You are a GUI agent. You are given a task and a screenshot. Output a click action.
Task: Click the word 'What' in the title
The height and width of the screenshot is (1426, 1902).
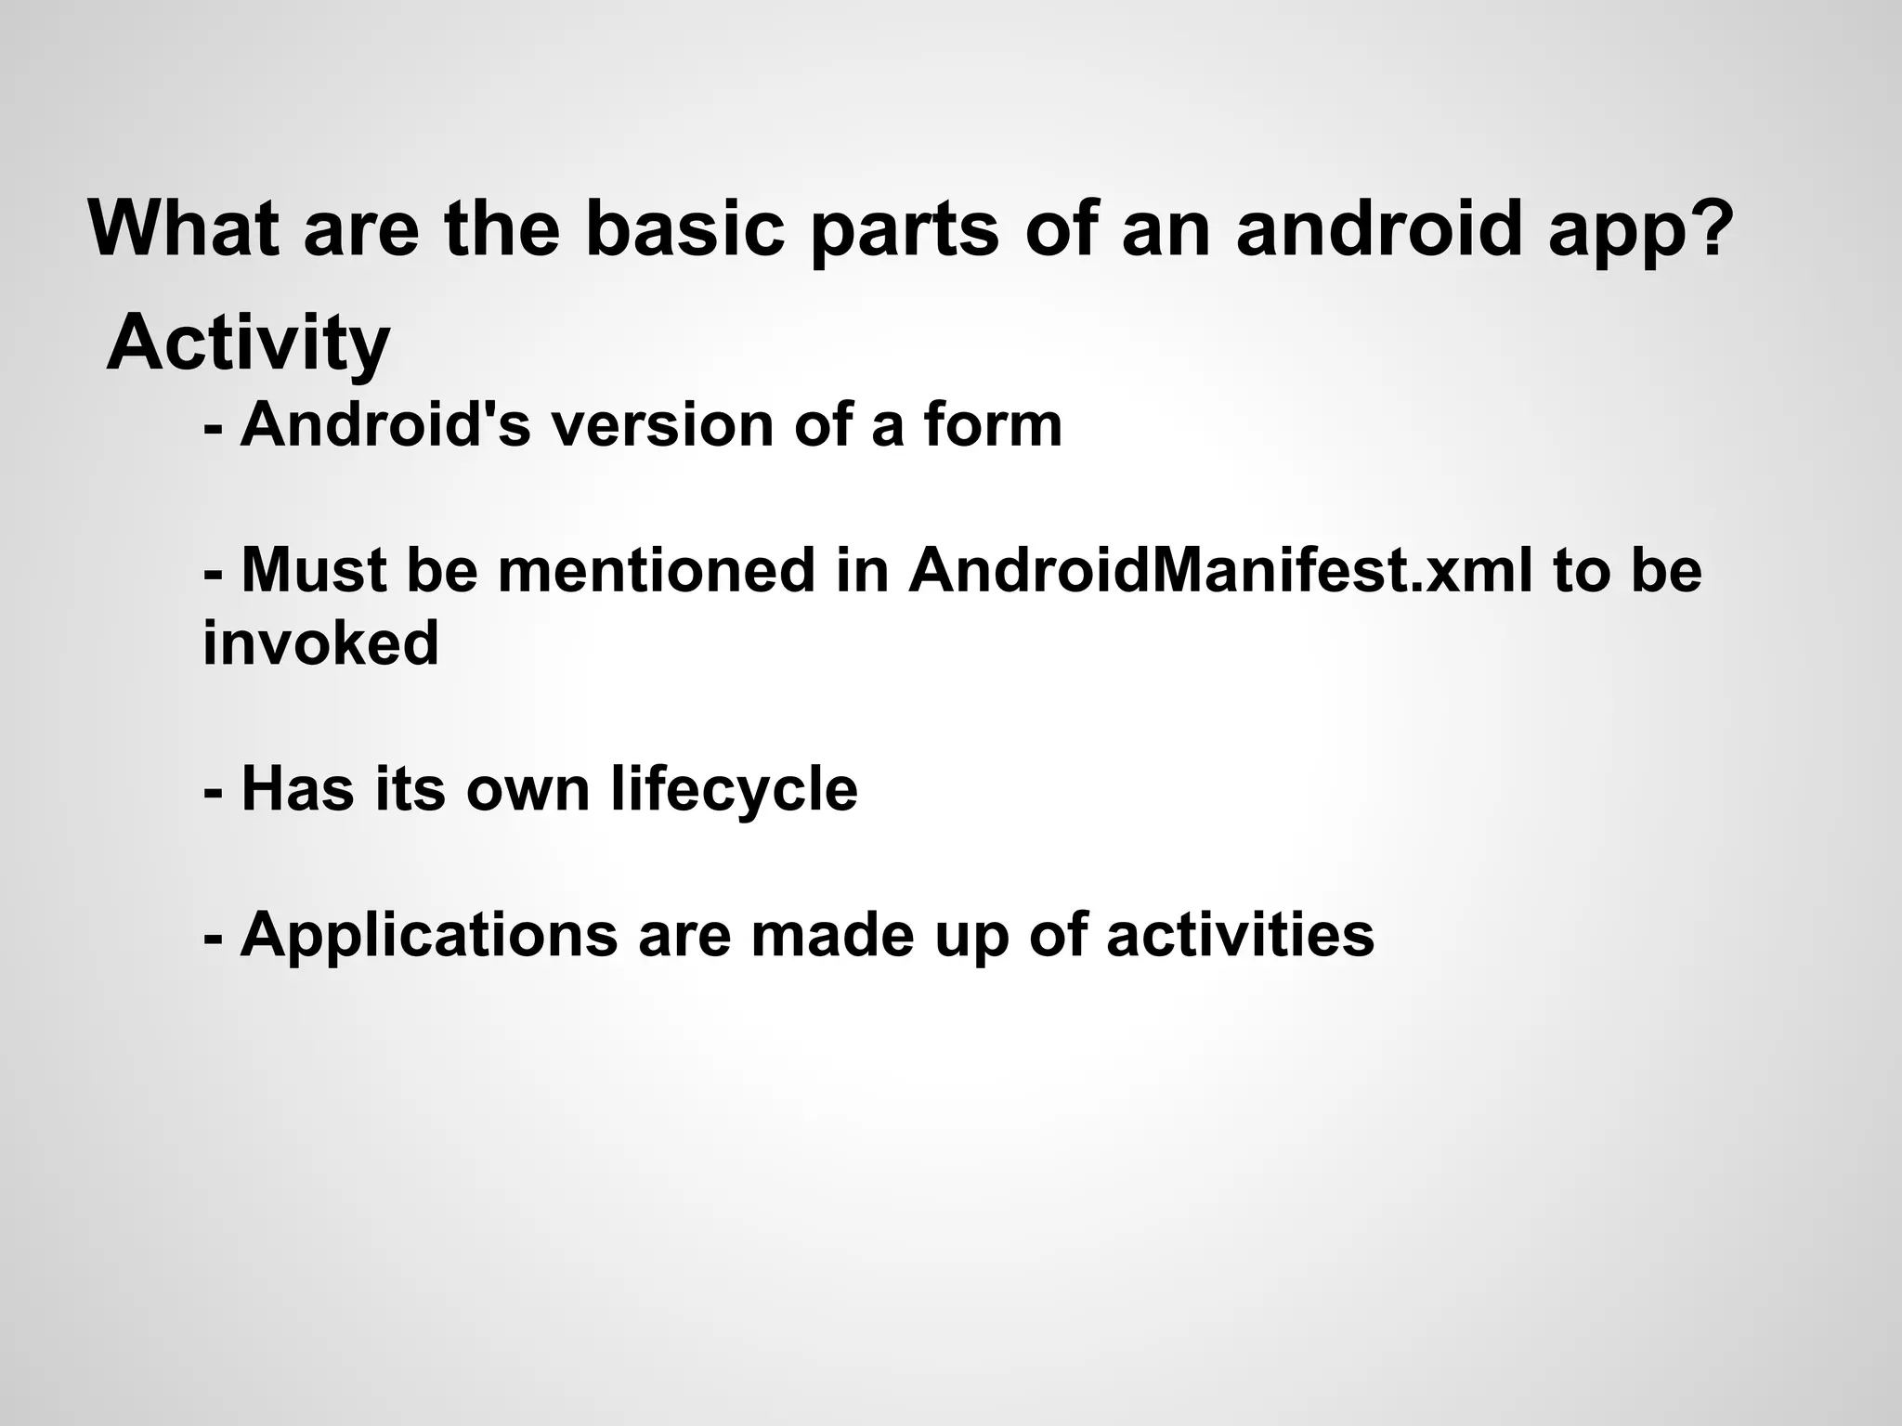183,228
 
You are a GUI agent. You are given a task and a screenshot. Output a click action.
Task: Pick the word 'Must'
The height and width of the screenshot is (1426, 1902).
314,569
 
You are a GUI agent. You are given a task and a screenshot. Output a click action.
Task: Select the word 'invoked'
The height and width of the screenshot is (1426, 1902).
320,642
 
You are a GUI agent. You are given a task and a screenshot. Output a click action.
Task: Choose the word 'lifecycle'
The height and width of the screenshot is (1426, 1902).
734,790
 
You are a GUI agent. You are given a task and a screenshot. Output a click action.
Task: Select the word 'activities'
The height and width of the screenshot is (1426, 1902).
1240,934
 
